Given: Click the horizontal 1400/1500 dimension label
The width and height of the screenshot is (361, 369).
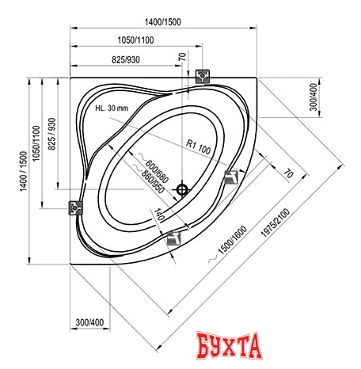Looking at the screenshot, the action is tap(162, 22).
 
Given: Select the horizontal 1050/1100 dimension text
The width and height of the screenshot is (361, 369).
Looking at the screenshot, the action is tap(135, 40).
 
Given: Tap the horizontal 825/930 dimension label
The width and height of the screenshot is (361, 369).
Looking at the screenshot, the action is tap(126, 60).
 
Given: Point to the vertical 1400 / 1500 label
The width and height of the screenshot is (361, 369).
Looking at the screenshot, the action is tap(24, 171).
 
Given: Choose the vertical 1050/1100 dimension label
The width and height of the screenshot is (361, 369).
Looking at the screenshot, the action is tap(36, 143).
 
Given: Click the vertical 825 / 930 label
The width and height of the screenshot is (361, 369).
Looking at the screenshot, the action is tap(51, 134).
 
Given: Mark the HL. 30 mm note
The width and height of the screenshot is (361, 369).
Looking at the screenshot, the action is tap(112, 108).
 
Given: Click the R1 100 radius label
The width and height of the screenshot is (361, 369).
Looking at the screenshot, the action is tap(198, 147).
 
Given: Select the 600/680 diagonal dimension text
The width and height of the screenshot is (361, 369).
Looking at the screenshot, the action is tap(157, 172).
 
